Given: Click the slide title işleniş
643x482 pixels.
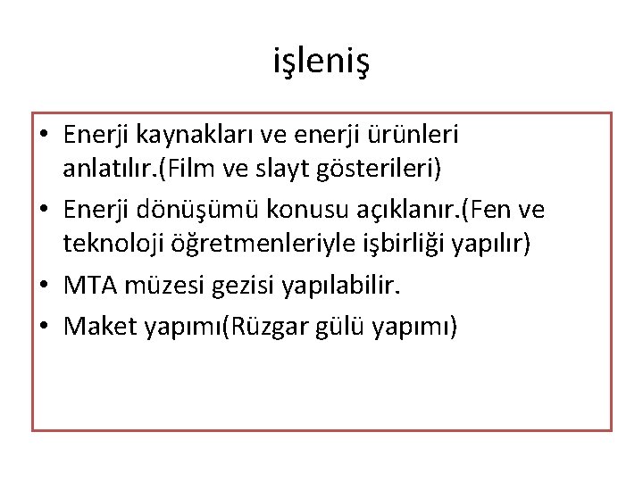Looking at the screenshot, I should tap(321, 62).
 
